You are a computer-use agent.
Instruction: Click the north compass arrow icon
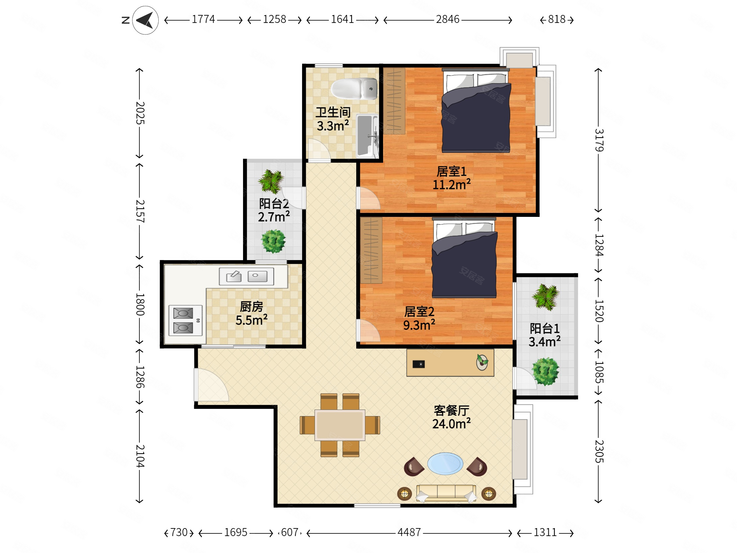tap(145, 20)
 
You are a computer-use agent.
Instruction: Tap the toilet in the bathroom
tap(354, 89)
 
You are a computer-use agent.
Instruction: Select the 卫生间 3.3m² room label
tap(333, 119)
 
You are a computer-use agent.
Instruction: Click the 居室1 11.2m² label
tap(451, 178)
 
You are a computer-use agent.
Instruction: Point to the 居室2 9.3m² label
tap(419, 318)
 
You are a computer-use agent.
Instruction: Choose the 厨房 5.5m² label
tap(252, 313)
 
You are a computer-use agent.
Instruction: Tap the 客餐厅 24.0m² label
tap(451, 417)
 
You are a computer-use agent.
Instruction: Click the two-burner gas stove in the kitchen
tap(185, 320)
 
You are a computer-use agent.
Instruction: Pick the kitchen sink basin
tap(247, 276)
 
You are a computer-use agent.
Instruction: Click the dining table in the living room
tap(340, 425)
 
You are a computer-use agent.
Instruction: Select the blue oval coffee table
tap(445, 463)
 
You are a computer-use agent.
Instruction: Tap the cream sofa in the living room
tap(446, 493)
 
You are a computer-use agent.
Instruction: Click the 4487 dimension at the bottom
tap(409, 532)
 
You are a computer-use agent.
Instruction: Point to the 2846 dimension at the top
tap(448, 19)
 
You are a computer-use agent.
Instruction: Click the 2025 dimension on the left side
tap(140, 113)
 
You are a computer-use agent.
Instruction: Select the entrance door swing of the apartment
tap(211, 385)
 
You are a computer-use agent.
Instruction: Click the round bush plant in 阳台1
tap(545, 371)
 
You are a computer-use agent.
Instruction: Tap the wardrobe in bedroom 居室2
tap(371, 251)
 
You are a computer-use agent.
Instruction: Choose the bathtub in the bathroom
tap(367, 136)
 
